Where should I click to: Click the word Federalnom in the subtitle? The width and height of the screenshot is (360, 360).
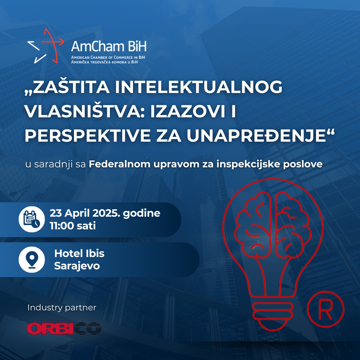coord(119,164)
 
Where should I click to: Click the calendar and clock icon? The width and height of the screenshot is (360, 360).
coord(32,219)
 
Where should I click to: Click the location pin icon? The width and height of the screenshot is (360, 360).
coord(32,260)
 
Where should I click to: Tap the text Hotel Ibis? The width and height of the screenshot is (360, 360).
coord(79,253)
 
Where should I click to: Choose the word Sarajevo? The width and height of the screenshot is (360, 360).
coord(77,266)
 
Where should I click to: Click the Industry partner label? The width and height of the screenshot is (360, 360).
coord(62,308)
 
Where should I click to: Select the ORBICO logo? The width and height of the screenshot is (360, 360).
coord(64,329)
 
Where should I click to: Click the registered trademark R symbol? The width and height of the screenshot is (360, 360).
coord(326,309)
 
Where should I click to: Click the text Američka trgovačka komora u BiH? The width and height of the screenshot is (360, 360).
coord(104,62)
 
